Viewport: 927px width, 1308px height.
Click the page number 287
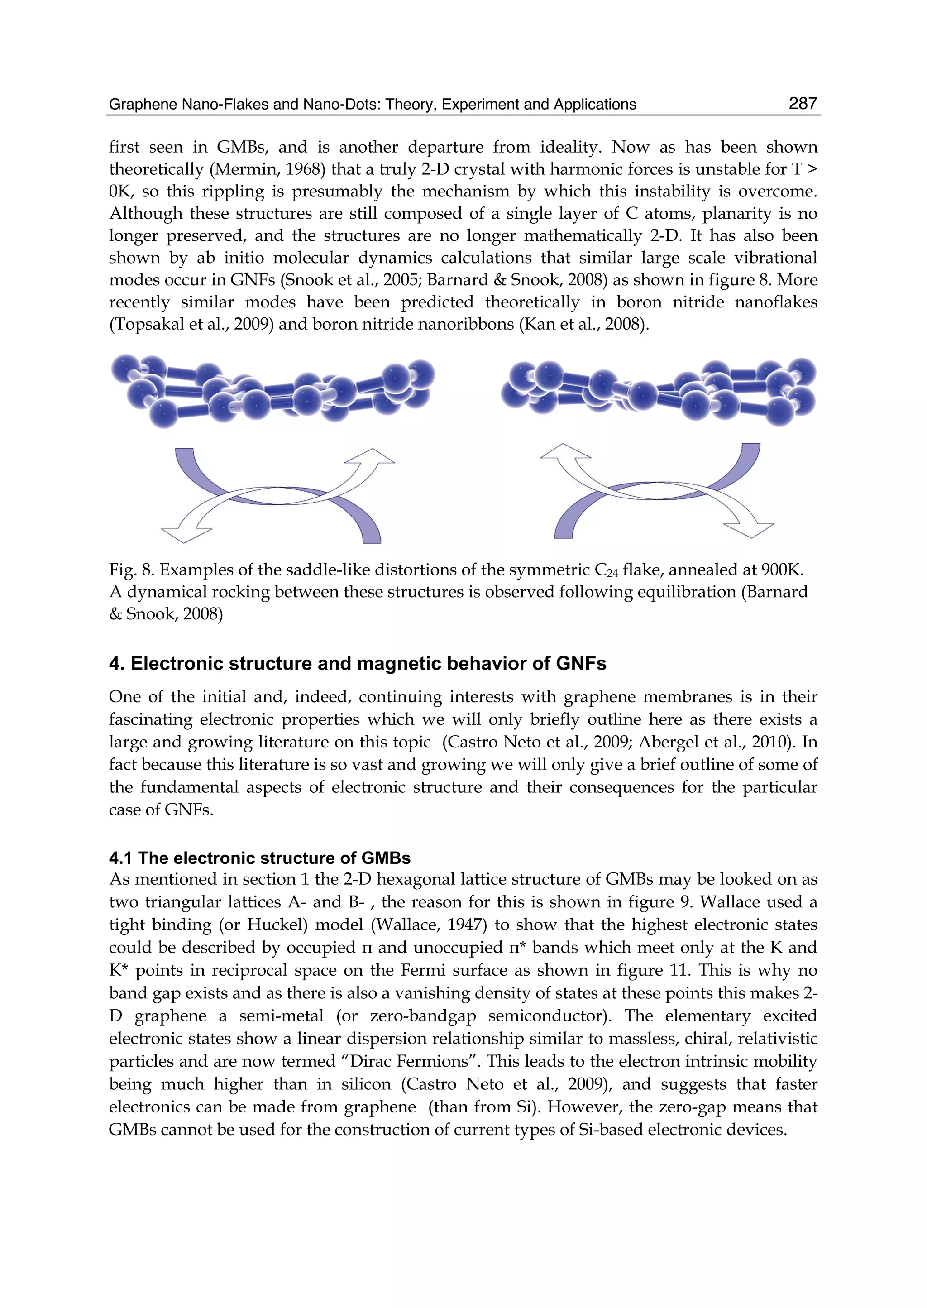(803, 103)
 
